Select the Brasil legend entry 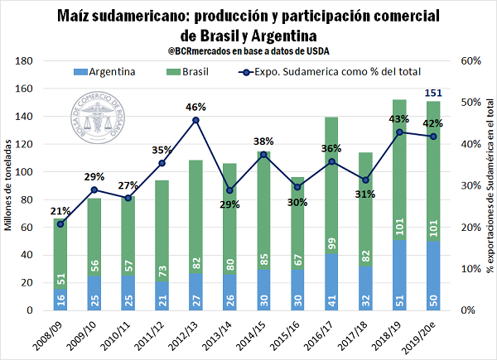click(x=187, y=72)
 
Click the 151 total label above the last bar click(x=433, y=91)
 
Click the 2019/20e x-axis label click(x=428, y=334)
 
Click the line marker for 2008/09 click(x=60, y=223)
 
